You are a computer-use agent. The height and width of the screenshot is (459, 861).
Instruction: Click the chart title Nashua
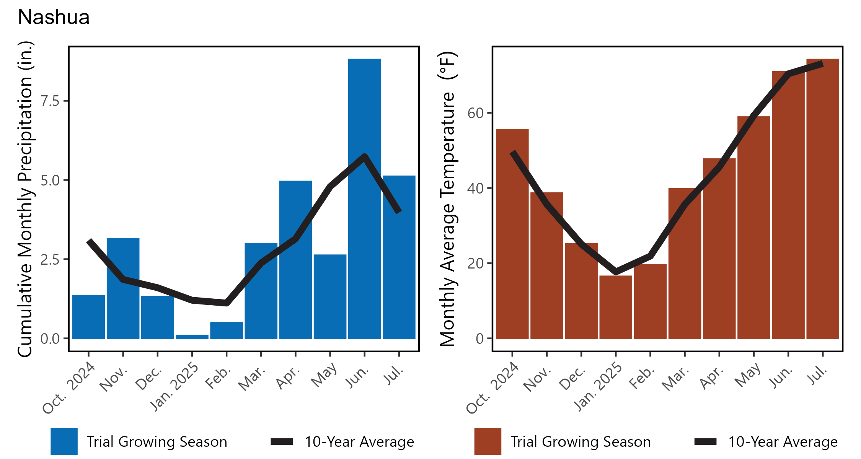[54, 18]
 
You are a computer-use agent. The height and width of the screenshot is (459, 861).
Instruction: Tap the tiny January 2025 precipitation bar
[192, 337]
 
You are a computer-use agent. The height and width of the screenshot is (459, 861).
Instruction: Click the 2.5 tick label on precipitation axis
[50, 259]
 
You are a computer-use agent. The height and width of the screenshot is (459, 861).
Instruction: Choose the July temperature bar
[822, 199]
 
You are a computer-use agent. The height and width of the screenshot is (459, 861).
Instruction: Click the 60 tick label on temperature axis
[475, 113]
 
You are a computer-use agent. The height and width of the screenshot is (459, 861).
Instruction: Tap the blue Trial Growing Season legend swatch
[64, 441]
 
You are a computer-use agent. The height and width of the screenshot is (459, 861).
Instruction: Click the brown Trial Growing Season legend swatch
[488, 441]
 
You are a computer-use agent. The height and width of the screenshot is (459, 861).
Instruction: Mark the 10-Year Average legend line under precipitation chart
[282, 442]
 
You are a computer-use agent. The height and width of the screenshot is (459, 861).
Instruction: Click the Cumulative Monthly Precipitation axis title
[25, 199]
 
